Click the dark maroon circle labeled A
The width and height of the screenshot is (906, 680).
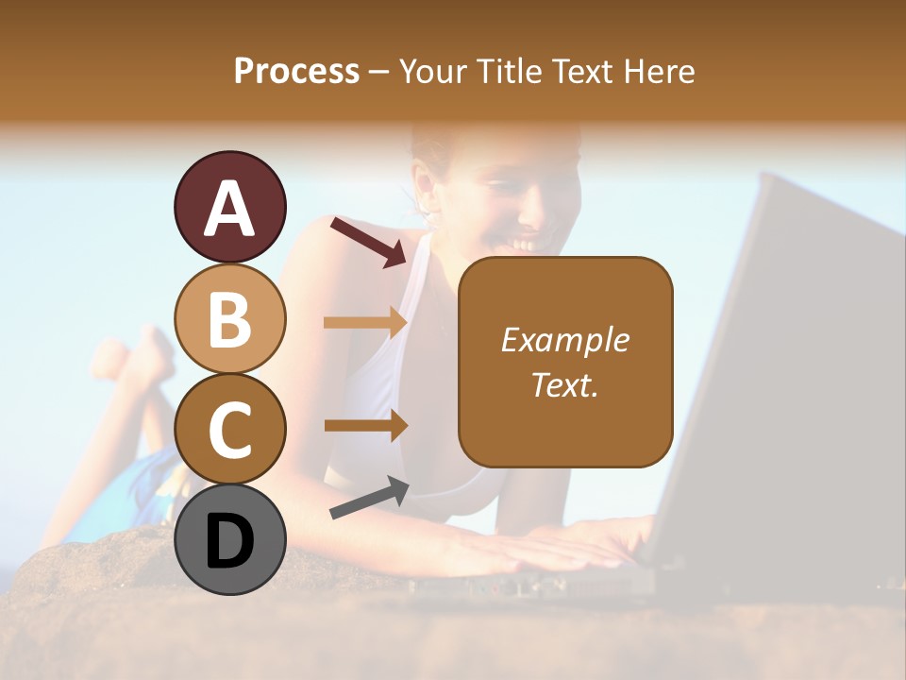point(229,207)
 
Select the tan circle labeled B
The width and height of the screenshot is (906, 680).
point(229,318)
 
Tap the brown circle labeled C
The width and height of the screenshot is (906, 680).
point(229,429)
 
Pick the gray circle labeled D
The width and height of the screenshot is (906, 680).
point(229,539)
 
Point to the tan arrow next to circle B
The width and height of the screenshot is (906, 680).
point(364,323)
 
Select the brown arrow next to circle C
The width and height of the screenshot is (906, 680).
point(364,425)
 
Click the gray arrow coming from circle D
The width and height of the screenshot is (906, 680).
point(369,498)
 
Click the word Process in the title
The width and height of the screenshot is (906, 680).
point(296,72)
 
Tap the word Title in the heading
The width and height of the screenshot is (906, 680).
point(512,72)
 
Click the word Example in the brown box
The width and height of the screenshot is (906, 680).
point(565,340)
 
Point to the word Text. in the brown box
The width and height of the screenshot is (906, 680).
point(565,384)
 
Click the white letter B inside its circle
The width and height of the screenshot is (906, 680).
point(229,319)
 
